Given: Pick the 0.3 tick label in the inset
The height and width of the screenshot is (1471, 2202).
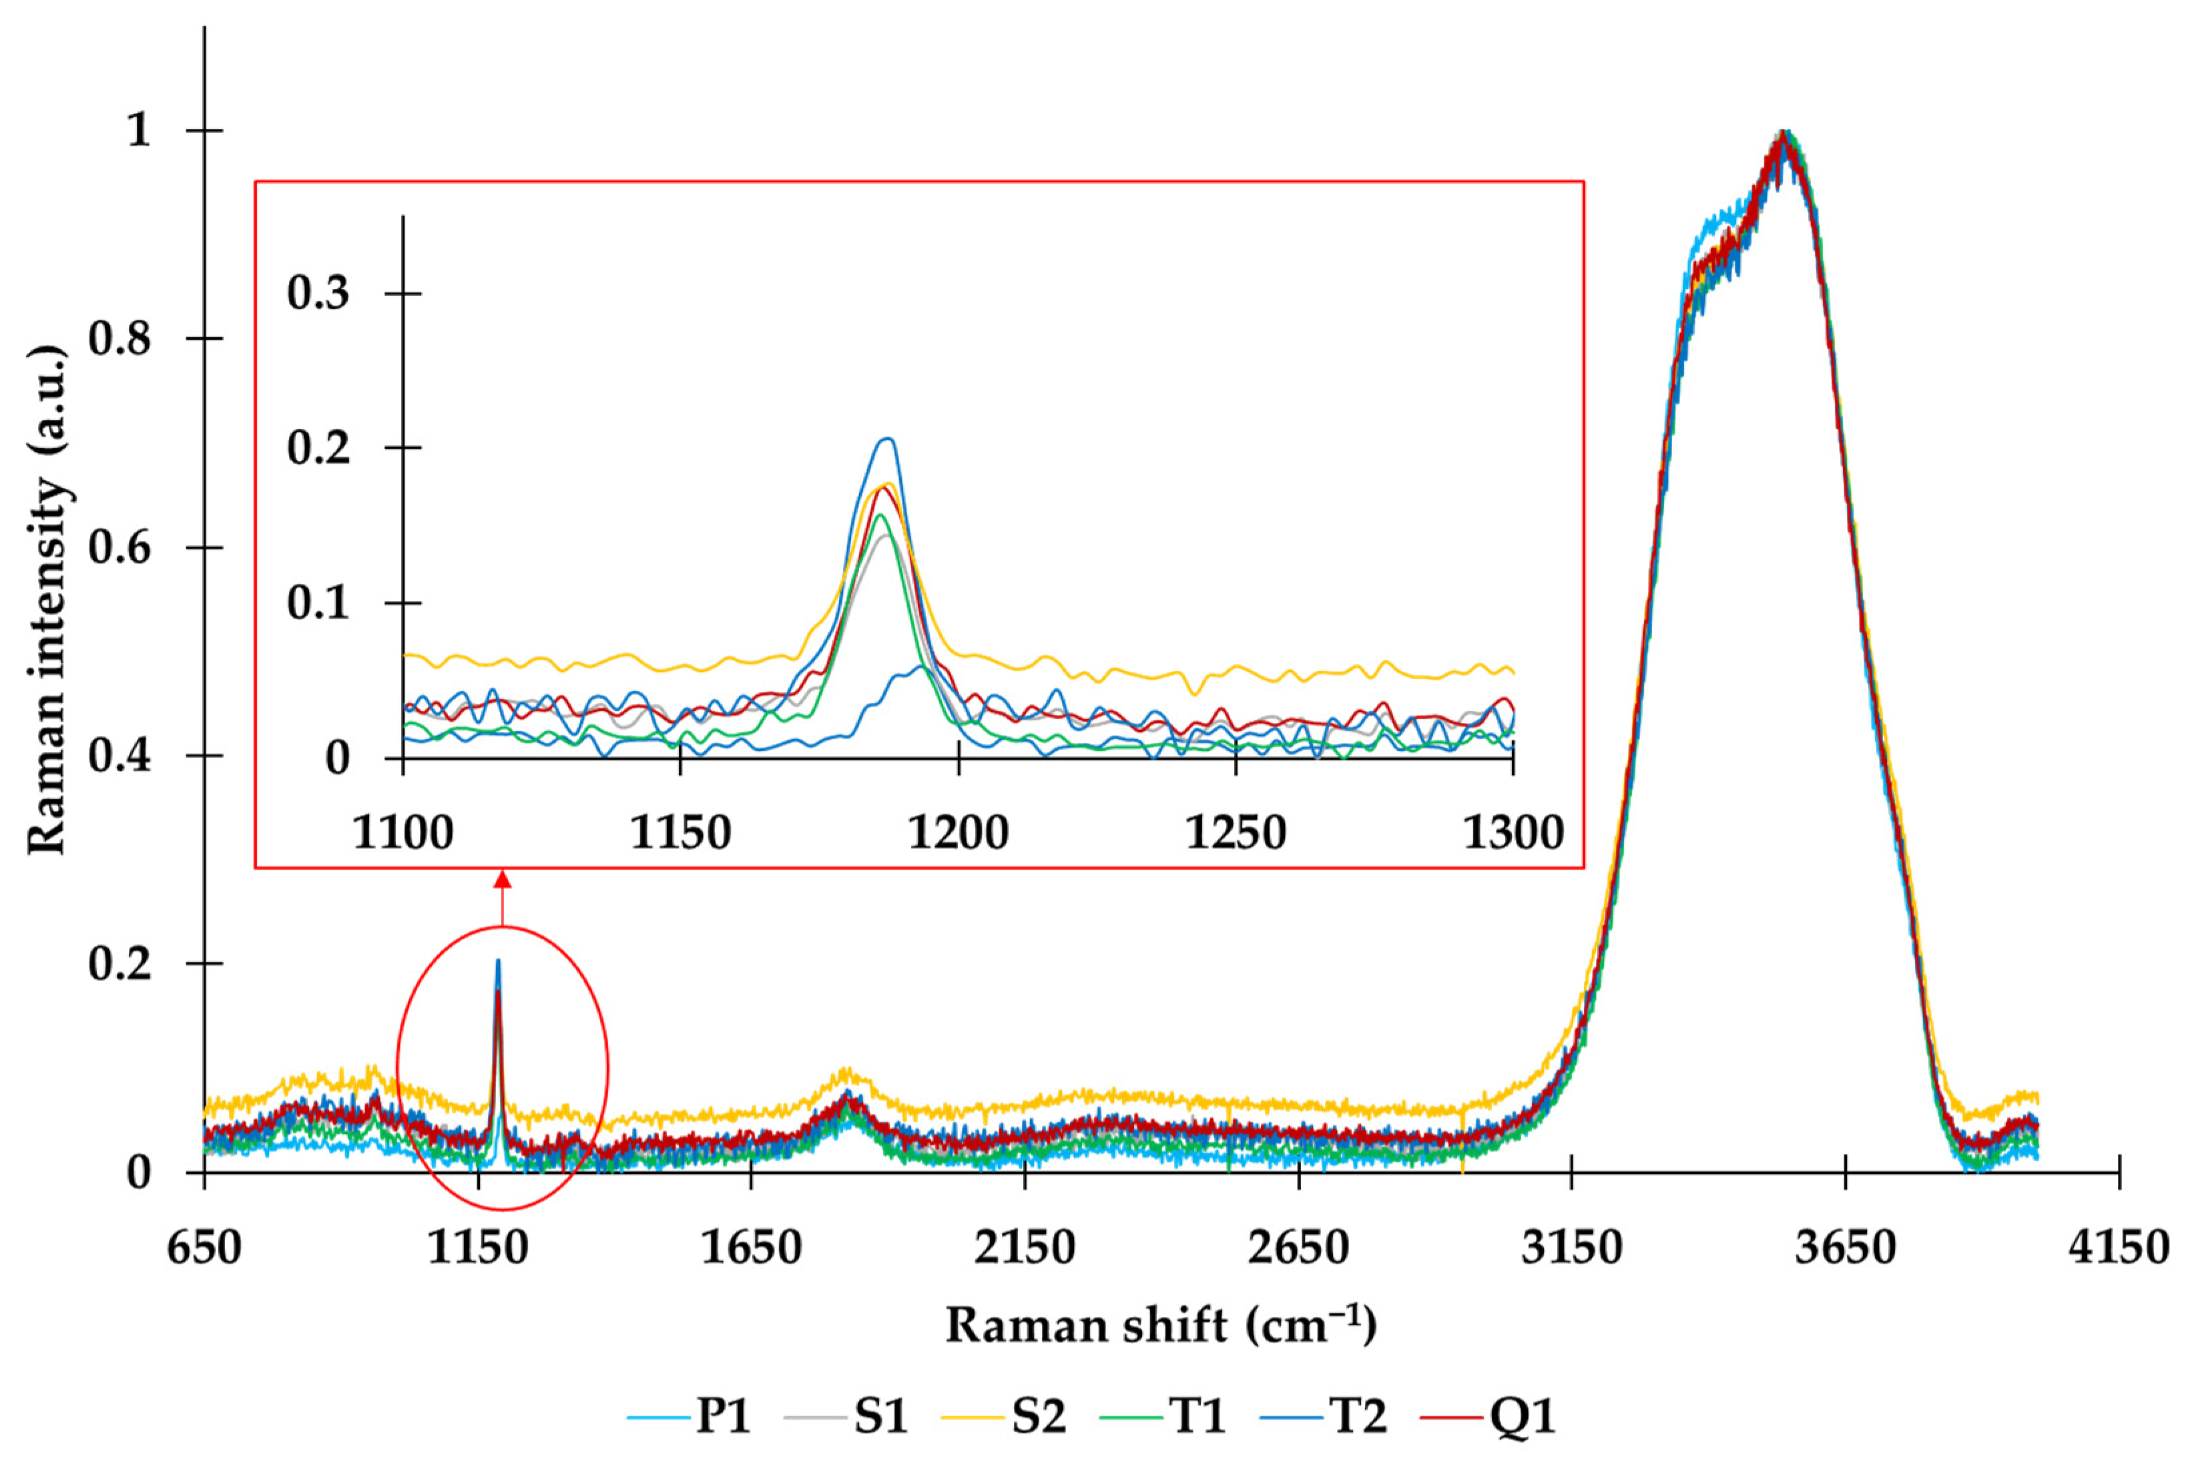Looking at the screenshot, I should click(x=317, y=293).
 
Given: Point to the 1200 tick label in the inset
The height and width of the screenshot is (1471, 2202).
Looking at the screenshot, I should click(x=957, y=832).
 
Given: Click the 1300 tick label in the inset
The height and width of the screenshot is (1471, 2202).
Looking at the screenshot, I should click(x=1512, y=832).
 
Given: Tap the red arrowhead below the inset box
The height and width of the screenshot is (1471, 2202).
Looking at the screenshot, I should click(x=503, y=879).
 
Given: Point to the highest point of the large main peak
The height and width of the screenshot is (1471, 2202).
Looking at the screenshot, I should click(x=1783, y=132).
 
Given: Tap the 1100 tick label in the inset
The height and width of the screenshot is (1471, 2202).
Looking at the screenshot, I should click(x=402, y=832).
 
